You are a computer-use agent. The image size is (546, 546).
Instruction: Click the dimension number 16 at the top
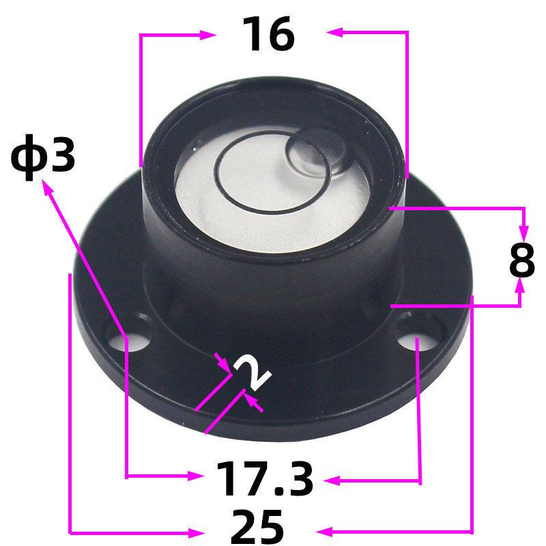(270, 35)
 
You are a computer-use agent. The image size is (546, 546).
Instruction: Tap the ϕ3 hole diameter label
(42, 158)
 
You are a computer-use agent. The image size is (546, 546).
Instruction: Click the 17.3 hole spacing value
(265, 480)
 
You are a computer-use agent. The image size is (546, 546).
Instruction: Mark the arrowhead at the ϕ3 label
(48, 188)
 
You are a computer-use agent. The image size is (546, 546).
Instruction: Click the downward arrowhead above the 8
(523, 228)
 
